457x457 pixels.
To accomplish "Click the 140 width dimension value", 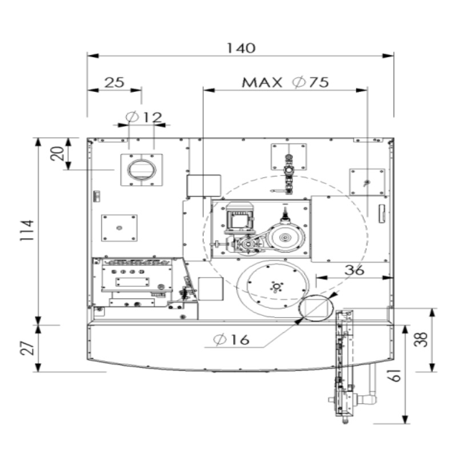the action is tap(240, 48).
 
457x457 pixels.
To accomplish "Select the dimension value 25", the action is tap(114, 82).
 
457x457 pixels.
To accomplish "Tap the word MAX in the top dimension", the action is tap(262, 82).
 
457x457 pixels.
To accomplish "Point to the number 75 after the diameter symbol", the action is tap(319, 82).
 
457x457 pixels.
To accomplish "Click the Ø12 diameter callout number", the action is tap(152, 118).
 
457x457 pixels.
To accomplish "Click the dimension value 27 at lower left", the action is tap(27, 348).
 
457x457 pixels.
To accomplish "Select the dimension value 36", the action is tap(354, 270).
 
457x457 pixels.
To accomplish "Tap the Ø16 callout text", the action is tap(231, 339).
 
